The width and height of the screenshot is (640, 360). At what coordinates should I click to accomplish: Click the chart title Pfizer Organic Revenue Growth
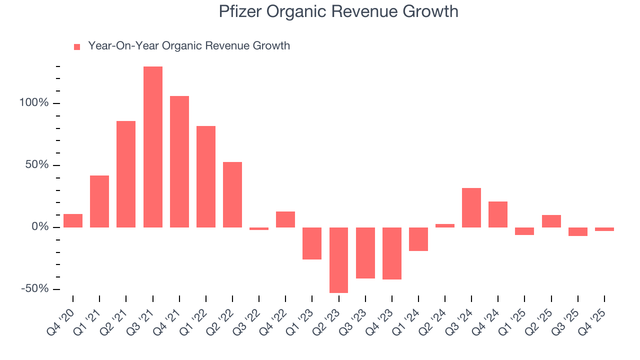(338, 11)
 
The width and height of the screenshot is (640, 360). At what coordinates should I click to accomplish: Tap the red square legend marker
(77, 46)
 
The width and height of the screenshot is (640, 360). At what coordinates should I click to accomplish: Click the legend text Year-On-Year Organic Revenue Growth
(189, 46)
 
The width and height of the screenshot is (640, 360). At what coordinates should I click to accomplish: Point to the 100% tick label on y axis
(33, 103)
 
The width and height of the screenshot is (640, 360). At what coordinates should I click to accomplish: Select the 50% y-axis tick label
(36, 165)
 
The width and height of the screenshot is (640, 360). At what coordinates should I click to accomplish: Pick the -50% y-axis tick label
(34, 289)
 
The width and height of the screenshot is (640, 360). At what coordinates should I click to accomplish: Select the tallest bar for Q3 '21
(152, 147)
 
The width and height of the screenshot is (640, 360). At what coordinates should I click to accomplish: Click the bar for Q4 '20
(73, 220)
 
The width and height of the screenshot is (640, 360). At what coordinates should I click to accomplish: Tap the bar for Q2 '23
(338, 260)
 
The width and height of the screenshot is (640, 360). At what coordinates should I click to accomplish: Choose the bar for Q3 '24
(471, 207)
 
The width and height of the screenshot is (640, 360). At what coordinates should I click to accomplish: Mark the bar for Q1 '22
(205, 176)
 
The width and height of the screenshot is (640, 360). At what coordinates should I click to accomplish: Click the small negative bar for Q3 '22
(259, 228)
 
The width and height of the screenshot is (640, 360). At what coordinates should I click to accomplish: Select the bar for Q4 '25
(604, 229)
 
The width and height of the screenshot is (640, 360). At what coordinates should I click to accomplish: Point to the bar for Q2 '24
(444, 225)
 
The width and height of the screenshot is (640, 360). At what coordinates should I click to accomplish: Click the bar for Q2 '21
(126, 174)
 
